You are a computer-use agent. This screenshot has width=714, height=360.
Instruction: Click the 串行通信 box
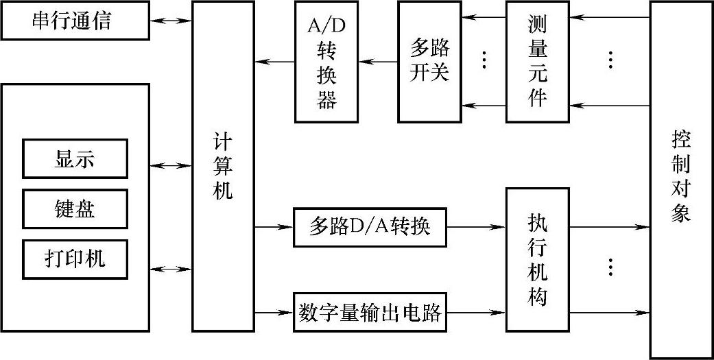coord(75,21)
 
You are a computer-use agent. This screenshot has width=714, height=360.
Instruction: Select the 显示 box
coord(75,159)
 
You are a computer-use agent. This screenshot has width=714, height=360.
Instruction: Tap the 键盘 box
coord(75,208)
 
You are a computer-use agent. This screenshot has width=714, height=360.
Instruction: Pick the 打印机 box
coord(75,259)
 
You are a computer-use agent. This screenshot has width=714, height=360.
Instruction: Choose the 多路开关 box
coord(430,62)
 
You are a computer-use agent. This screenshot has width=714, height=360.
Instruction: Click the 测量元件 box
coord(538,62)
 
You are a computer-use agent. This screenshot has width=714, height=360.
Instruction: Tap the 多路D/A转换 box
coord(370,226)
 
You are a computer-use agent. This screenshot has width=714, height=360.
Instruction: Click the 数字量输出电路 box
coord(370,313)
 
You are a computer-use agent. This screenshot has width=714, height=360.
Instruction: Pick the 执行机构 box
coord(538,259)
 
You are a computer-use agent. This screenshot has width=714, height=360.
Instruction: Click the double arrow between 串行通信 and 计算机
coord(171,21)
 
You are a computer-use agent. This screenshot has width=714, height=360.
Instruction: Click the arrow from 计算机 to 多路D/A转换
coord(274,226)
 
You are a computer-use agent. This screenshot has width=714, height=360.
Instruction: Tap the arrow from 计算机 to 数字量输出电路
coord(274,313)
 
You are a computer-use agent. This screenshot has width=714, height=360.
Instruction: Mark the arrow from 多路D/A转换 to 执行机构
coord(476,226)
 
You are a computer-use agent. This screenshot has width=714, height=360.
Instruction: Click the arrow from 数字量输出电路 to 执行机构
coord(476,313)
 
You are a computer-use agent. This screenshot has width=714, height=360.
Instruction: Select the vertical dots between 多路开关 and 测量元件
coord(484,60)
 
